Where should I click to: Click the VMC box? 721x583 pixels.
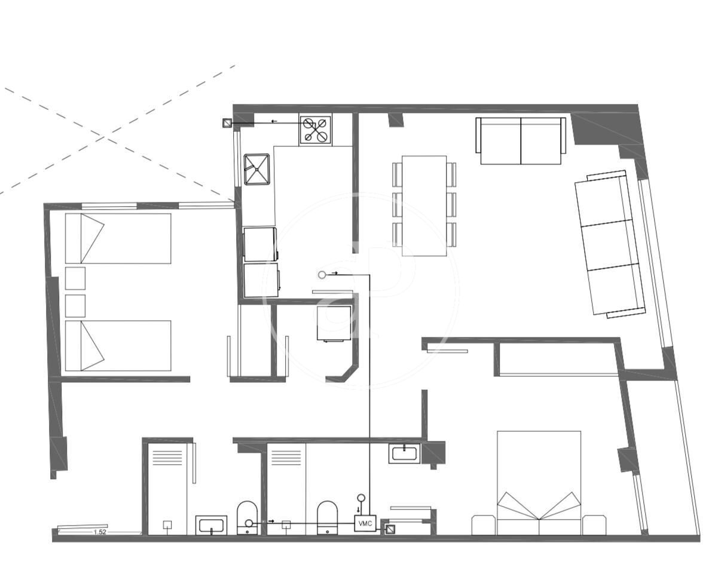click(365, 523)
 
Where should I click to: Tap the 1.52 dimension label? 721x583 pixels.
click(100, 532)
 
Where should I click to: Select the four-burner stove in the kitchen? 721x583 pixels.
click(315, 130)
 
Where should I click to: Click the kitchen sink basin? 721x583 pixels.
click(257, 170)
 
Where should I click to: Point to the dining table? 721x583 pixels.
click(424, 205)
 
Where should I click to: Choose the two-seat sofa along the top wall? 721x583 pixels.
click(521, 141)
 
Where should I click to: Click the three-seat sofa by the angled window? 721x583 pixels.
click(610, 244)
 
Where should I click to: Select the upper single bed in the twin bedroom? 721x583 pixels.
click(118, 238)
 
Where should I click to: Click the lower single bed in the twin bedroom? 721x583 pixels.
click(118, 346)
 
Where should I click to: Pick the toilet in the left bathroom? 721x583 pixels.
click(247, 518)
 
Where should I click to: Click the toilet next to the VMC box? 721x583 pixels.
click(328, 518)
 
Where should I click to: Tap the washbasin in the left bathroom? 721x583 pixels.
click(211, 525)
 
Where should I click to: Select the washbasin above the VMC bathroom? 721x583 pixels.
click(404, 453)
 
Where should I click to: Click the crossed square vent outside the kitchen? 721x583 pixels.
click(227, 123)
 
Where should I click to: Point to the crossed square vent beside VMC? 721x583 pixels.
click(390, 530)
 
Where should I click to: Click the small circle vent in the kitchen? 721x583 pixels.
click(322, 275)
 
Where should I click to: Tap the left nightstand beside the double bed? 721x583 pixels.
click(484, 525)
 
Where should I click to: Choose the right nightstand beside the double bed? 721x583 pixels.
click(594, 525)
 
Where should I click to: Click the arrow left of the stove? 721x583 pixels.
click(274, 121)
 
